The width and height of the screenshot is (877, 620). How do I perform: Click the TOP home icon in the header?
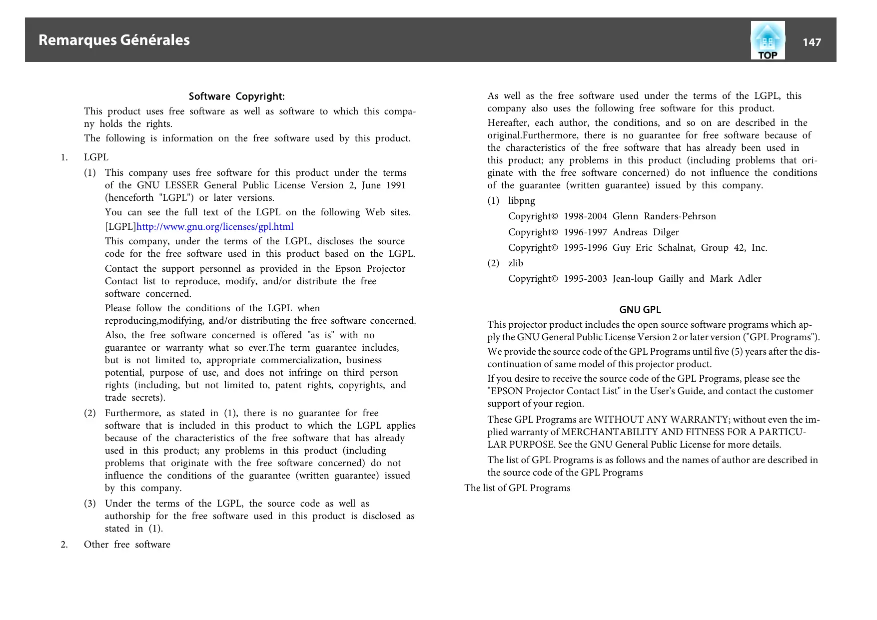[x=768, y=40]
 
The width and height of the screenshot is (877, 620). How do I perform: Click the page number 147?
[x=812, y=42]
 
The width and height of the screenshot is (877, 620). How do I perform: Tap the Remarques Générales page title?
[x=114, y=40]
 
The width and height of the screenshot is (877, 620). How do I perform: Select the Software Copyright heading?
[x=236, y=96]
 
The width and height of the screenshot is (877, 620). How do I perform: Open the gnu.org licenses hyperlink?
[x=215, y=227]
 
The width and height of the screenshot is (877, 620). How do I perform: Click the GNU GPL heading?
[x=640, y=310]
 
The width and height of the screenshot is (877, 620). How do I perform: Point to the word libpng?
[x=521, y=201]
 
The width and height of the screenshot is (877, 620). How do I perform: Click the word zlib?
[x=515, y=263]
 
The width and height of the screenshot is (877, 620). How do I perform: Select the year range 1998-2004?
[x=585, y=216]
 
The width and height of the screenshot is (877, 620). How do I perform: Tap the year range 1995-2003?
[x=585, y=279]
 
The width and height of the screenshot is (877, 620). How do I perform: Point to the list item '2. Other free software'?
[x=127, y=545]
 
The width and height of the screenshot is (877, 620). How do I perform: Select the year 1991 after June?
[x=396, y=185]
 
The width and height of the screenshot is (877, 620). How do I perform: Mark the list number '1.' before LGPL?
[x=64, y=157]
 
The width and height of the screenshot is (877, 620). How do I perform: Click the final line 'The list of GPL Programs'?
[x=517, y=488]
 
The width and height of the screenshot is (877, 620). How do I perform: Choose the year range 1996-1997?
[x=585, y=232]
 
